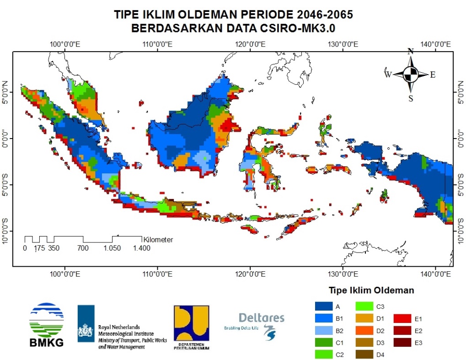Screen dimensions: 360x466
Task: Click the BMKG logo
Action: point(46,324)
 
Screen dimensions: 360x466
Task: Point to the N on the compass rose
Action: point(411,51)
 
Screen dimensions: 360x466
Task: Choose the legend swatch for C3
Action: point(364,306)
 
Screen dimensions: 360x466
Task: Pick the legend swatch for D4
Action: point(364,354)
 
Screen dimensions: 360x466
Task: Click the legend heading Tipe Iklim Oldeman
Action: point(371,290)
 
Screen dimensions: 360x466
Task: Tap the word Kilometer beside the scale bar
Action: point(158,239)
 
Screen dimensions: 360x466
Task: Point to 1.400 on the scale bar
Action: point(141,248)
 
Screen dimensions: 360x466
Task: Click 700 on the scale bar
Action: point(83,248)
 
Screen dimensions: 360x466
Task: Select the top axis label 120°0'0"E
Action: point(251,44)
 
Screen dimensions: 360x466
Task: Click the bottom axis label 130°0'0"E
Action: point(343,274)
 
